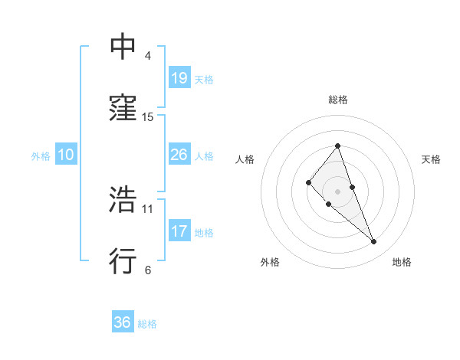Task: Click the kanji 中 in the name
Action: tap(123, 47)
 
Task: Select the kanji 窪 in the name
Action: tap(123, 110)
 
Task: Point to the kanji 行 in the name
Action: tap(123, 261)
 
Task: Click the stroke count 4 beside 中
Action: tap(148, 56)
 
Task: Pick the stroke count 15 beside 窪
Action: tap(148, 117)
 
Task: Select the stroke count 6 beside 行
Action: tap(148, 270)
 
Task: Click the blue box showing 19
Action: tap(179, 77)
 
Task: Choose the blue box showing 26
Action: tap(179, 155)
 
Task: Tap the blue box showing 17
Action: tap(179, 231)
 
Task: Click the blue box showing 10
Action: tap(65, 155)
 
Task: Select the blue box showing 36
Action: tap(122, 322)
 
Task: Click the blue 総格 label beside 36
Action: tap(147, 324)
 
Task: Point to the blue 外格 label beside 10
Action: tap(41, 156)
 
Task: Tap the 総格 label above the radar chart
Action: tap(337, 100)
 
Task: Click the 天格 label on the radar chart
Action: tap(431, 159)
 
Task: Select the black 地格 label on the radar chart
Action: tap(402, 262)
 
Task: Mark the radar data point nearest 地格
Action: tap(374, 242)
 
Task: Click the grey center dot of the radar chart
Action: tap(337, 191)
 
